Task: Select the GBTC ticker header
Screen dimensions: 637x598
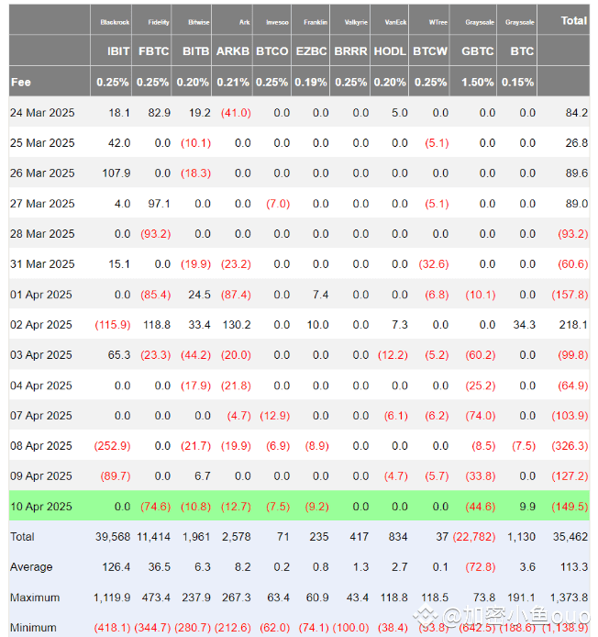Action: (477, 51)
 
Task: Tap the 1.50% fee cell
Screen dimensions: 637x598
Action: (477, 82)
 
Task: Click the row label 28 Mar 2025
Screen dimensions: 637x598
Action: (42, 233)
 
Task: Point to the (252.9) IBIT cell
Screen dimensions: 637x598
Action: (112, 445)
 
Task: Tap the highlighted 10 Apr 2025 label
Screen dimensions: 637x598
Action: (40, 506)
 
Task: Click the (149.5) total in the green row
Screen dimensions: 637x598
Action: (570, 506)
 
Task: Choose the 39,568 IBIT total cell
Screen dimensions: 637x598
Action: (111, 536)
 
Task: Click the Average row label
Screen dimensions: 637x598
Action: (31, 566)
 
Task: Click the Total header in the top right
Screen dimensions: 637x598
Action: (573, 19)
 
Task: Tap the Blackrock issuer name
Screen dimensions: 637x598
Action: (115, 21)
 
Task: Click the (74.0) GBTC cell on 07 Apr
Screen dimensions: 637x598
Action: (478, 415)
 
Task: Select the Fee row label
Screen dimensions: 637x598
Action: (20, 82)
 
